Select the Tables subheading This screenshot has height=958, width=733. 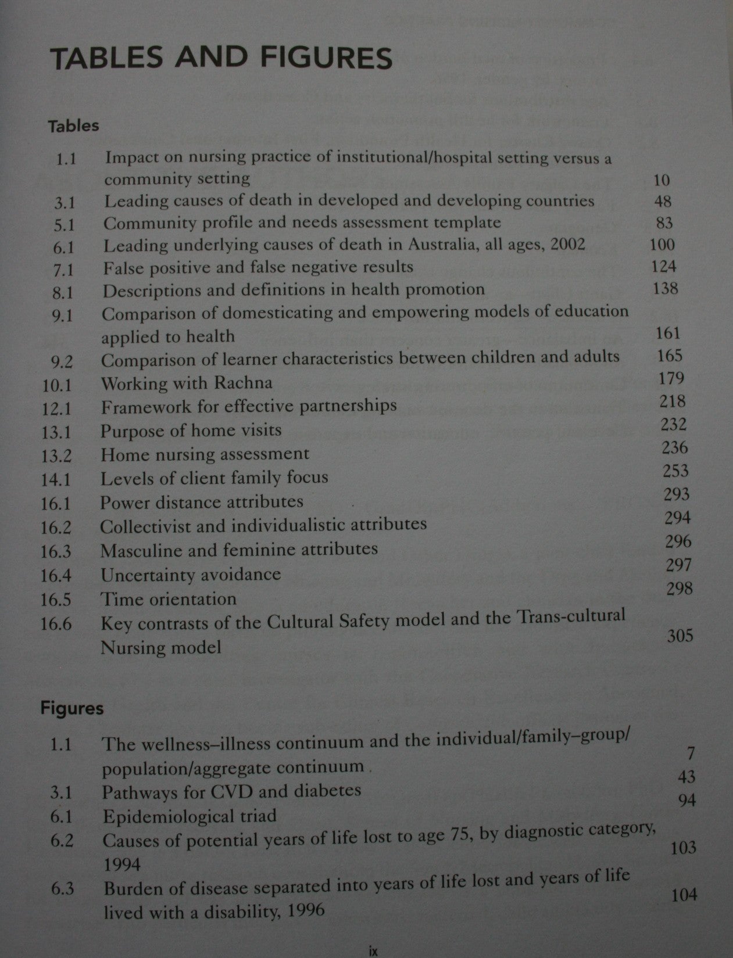click(73, 126)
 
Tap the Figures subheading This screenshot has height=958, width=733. click(71, 708)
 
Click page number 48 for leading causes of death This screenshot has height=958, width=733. click(662, 201)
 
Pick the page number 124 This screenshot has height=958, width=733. click(664, 267)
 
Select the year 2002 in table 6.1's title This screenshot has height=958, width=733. click(563, 245)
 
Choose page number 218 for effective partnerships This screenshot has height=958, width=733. click(673, 401)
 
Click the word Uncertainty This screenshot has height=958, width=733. click(145, 575)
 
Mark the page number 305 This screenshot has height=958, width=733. click(680, 635)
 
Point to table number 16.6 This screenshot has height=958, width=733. click(56, 624)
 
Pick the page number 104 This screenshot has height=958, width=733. click(684, 895)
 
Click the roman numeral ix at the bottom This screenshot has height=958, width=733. click(373, 952)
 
